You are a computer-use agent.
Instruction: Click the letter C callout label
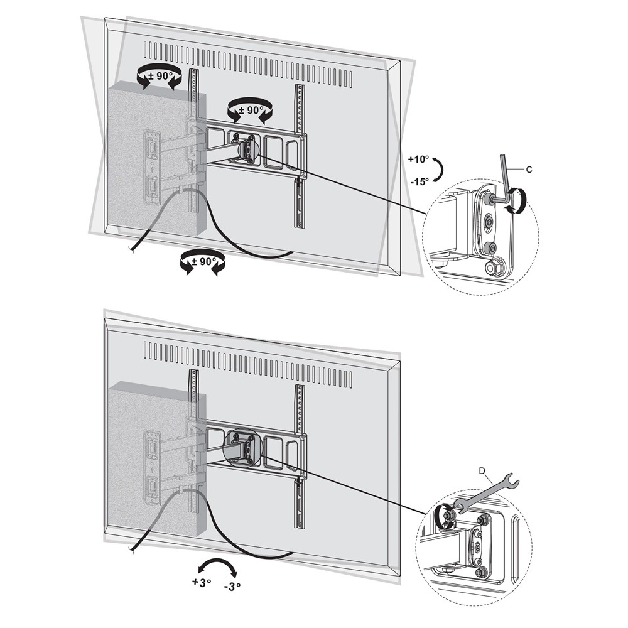click(x=529, y=170)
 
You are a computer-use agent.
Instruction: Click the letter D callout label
click(x=482, y=471)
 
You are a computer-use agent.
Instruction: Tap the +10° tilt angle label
click(x=418, y=160)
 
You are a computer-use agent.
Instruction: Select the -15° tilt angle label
click(x=420, y=181)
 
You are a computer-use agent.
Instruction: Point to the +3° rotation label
click(x=202, y=582)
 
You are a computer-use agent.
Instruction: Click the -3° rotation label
click(x=232, y=587)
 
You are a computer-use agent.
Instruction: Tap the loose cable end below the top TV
click(x=131, y=250)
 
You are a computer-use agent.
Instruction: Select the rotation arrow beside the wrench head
click(x=445, y=517)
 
